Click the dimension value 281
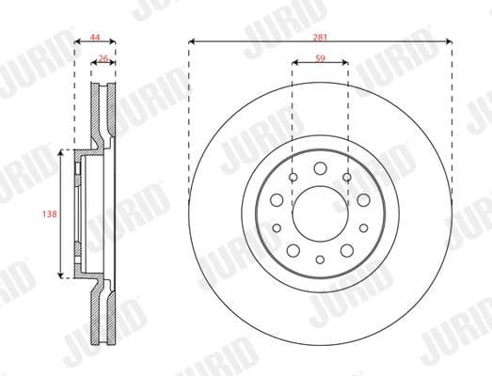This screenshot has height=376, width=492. (x=320, y=36)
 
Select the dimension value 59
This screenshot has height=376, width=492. (x=320, y=58)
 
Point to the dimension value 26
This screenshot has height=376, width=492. (x=103, y=58)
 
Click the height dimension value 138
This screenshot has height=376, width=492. (x=52, y=214)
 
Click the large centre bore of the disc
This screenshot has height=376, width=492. (x=320, y=213)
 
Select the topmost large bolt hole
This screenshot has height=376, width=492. (x=320, y=170)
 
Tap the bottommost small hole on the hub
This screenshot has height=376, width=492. (x=320, y=259)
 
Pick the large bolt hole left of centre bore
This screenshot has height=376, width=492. (x=277, y=199)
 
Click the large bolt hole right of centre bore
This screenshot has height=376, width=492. (x=363, y=199)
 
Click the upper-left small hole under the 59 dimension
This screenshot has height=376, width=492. (x=293, y=178)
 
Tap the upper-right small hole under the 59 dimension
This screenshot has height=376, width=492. (x=347, y=178)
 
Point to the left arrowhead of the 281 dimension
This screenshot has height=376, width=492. (x=191, y=41)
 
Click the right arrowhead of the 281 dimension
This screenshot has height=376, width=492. (x=450, y=41)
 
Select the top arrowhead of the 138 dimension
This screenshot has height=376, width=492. (x=62, y=151)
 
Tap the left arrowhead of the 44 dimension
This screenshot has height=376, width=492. (x=76, y=41)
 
